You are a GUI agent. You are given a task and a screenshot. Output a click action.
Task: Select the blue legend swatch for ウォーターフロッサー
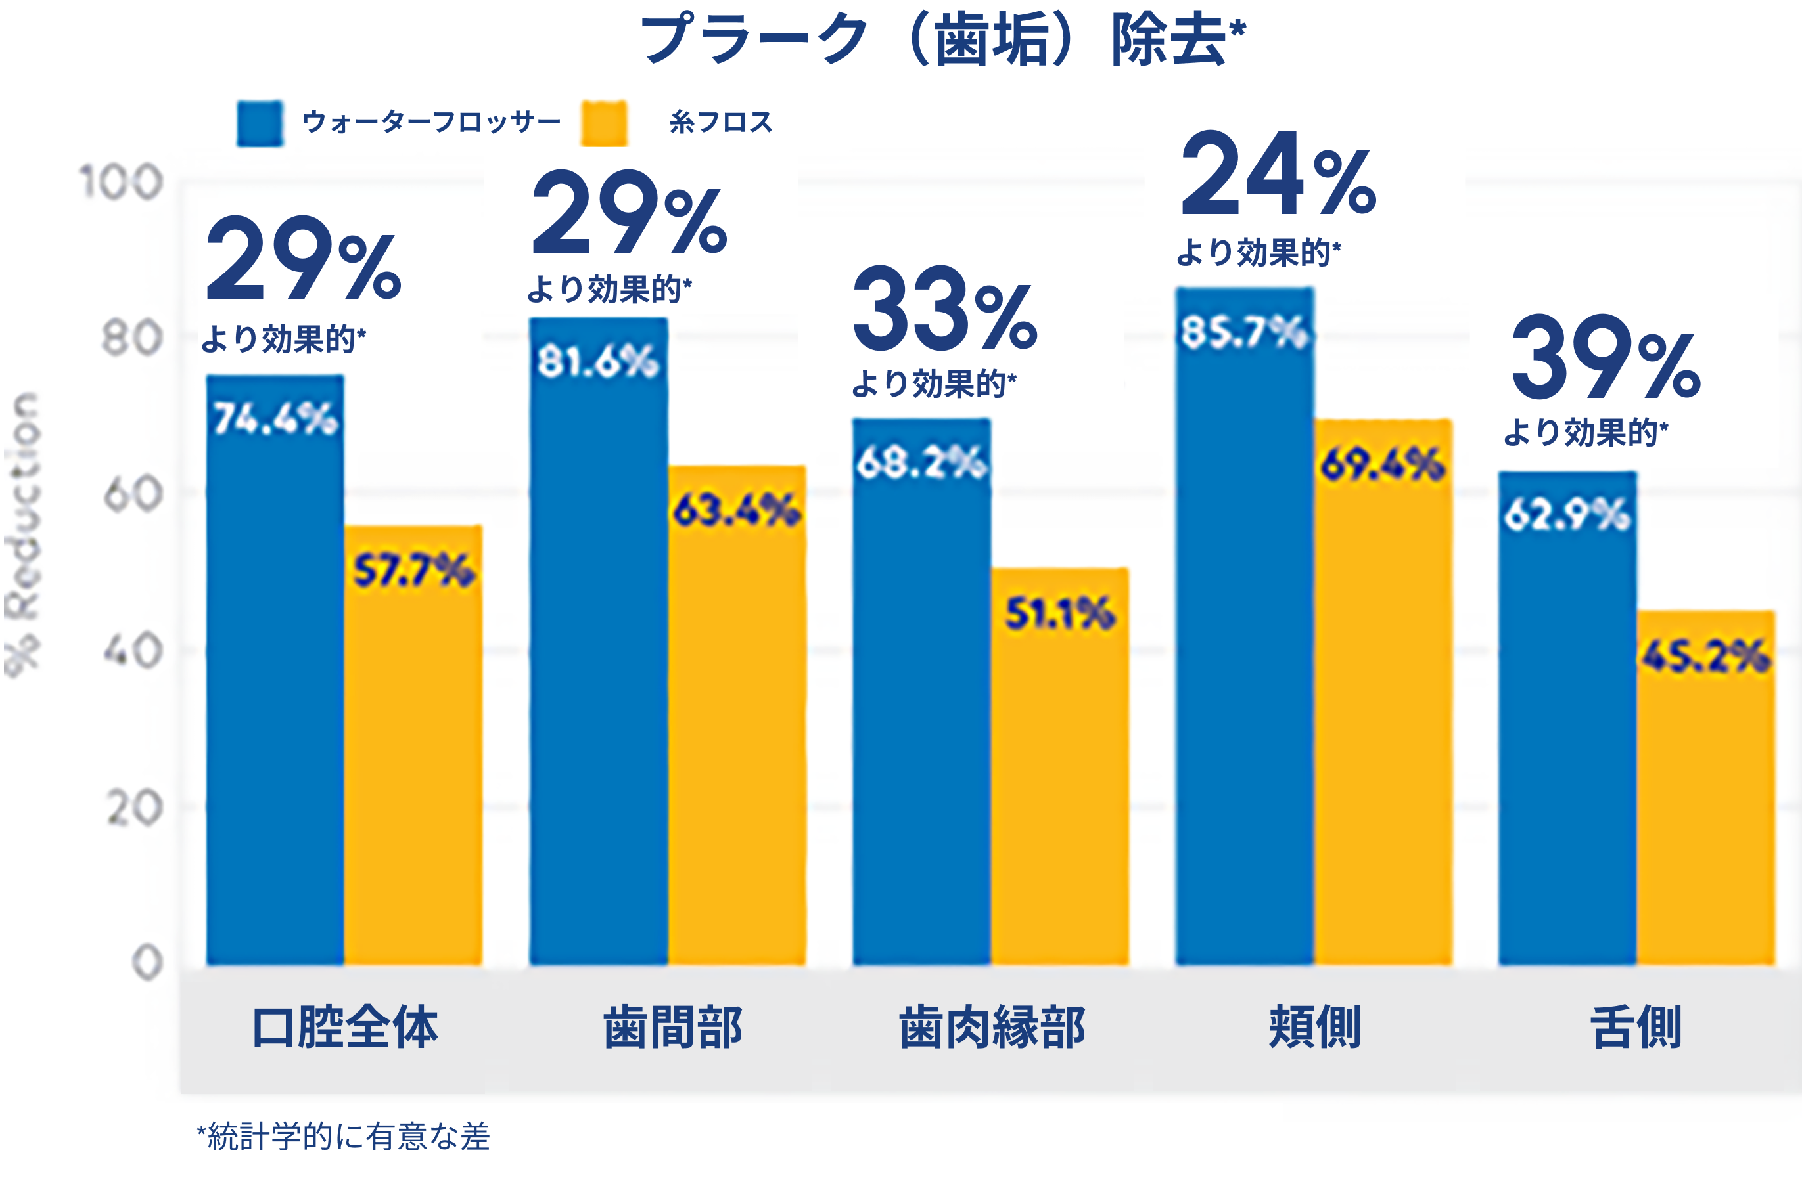260,123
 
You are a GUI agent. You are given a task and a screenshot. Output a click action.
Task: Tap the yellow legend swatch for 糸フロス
603,123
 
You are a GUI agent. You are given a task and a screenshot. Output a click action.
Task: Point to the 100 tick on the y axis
121,184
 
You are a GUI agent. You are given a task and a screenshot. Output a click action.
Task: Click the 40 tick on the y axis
133,651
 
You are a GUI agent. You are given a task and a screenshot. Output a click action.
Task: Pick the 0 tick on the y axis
147,963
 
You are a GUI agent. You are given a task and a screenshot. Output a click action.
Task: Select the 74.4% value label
275,418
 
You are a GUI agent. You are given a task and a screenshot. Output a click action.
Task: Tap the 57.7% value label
414,571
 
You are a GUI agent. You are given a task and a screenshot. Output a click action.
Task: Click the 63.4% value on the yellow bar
737,510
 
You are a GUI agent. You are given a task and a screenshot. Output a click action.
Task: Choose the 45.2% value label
1706,656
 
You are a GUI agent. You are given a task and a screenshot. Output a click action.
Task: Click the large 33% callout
945,310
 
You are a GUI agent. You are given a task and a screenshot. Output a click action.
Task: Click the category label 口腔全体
345,1028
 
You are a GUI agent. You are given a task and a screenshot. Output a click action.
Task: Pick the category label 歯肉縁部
992,1028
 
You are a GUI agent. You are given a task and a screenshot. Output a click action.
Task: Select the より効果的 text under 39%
1585,433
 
